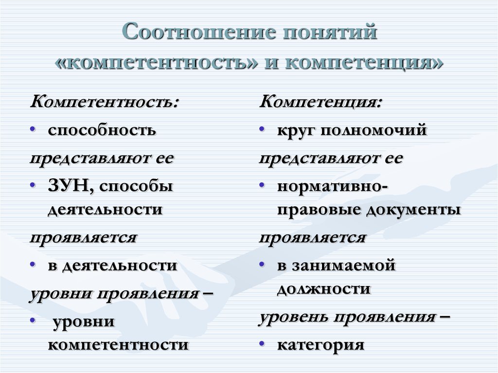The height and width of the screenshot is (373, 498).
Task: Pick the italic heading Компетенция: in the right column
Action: point(321,103)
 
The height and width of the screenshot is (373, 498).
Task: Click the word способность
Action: point(102,130)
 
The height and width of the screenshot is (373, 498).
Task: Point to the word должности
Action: point(324,289)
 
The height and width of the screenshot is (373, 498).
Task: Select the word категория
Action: point(320,345)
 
